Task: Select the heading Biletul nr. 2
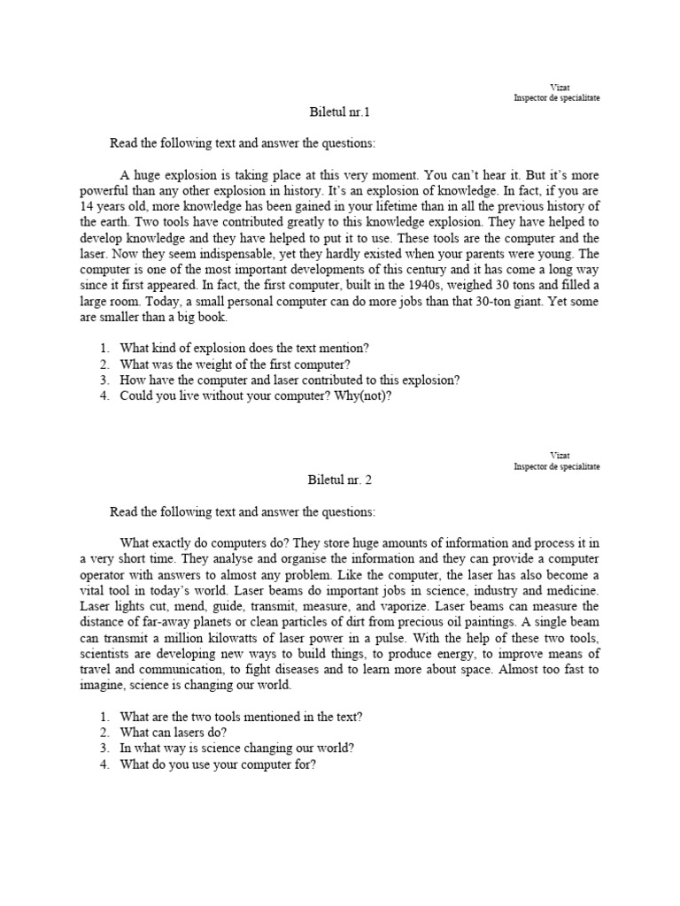339,481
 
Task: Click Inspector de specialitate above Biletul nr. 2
556,466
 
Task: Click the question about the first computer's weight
236,364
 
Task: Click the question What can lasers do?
174,733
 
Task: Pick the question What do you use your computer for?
218,764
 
